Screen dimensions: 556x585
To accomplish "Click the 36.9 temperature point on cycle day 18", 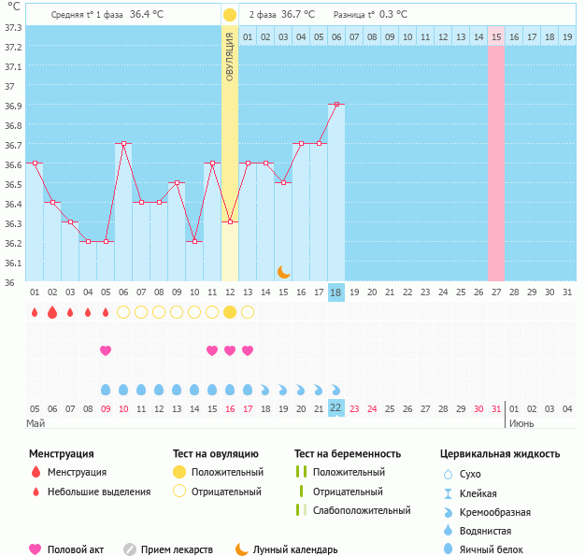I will click(336, 104).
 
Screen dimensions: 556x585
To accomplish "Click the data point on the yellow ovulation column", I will click(230, 221).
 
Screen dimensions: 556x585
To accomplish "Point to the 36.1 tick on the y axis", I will click(13, 263).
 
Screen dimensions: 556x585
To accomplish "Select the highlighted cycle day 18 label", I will click(336, 292).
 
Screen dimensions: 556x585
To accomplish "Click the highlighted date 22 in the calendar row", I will click(336, 408).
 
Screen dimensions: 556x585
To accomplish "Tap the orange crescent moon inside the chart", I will click(283, 271).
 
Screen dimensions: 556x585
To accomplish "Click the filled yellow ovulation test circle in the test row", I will click(230, 311).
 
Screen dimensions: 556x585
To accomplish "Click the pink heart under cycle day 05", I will click(106, 350).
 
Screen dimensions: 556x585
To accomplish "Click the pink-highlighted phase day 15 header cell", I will click(495, 36).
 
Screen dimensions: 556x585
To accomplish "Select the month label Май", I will click(36, 424).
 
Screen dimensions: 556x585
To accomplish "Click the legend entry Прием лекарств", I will click(177, 549).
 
